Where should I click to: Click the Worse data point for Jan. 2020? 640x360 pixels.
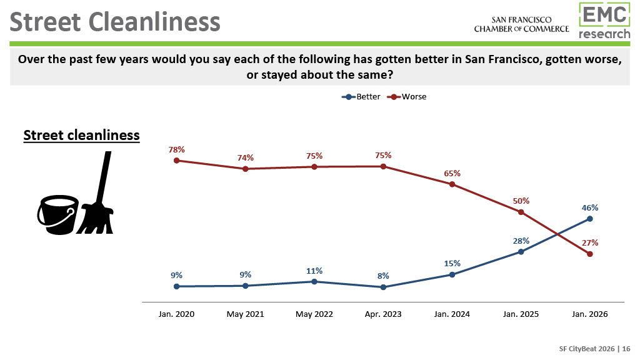[x=176, y=160]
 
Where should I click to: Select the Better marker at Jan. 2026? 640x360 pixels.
[x=590, y=219]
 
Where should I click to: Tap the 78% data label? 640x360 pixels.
[x=176, y=149]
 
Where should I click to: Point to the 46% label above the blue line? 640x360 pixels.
[x=590, y=208]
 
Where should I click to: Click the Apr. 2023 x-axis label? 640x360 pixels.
[x=383, y=314]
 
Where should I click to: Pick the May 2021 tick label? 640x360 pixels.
[x=245, y=314]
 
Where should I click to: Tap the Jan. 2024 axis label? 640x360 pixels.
[x=452, y=314]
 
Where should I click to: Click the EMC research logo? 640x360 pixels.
[x=604, y=21]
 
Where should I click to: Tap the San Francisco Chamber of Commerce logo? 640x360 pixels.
[x=521, y=24]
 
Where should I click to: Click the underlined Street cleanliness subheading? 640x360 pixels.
[x=81, y=135]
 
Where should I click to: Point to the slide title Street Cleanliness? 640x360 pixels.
[x=116, y=22]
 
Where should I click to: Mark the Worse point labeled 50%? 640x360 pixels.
[x=521, y=212]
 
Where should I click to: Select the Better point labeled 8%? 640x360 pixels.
[x=383, y=287]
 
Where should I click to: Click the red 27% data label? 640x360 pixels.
[x=590, y=242]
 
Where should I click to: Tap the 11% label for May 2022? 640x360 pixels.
[x=314, y=271]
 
